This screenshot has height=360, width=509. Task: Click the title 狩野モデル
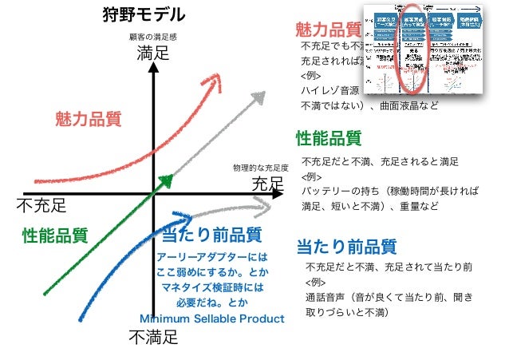click(144, 14)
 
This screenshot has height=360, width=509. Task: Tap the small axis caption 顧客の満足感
click(152, 38)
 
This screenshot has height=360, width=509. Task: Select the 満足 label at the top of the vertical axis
click(153, 55)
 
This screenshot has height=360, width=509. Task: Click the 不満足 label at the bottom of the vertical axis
click(153, 338)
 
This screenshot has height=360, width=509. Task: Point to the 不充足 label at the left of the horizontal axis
click(41, 206)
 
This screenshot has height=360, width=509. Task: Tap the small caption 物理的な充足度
click(259, 169)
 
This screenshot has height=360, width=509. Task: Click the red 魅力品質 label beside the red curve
click(88, 120)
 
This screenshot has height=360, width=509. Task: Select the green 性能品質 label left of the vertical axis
click(54, 235)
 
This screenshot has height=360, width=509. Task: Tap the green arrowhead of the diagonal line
click(167, 181)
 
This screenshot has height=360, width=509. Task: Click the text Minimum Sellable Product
click(211, 319)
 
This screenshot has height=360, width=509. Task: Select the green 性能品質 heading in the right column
click(328, 138)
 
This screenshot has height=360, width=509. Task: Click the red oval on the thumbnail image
click(413, 48)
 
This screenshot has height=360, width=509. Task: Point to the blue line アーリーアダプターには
click(211, 257)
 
